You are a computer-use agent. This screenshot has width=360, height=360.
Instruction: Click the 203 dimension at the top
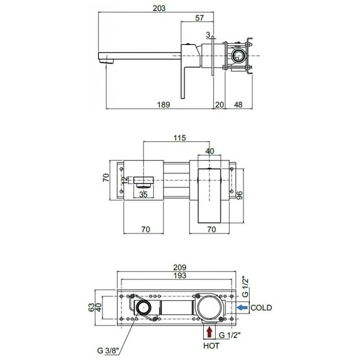point(159,8)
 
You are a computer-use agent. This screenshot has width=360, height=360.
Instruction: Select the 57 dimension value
point(199,18)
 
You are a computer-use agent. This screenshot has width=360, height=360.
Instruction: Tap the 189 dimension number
point(164,104)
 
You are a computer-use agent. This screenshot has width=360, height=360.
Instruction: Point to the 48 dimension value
point(238,104)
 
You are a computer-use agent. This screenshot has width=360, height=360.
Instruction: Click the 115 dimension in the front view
point(180,138)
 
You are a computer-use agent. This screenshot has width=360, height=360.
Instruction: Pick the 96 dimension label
point(239,195)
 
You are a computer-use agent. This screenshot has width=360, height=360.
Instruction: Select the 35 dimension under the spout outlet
point(143,195)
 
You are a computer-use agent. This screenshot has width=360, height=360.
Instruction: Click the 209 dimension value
point(180,267)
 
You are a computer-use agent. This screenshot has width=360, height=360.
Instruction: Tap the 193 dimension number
point(180,275)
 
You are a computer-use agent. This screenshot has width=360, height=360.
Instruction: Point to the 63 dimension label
point(91,308)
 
